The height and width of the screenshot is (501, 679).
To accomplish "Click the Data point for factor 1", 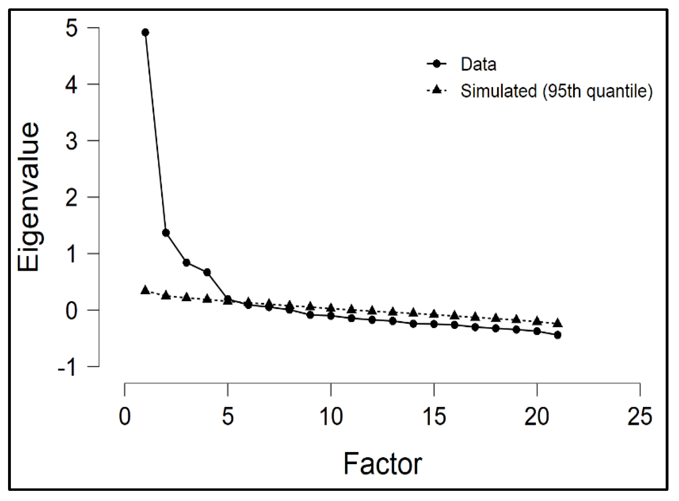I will (x=145, y=33).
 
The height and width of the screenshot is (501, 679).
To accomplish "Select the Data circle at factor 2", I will (x=166, y=233).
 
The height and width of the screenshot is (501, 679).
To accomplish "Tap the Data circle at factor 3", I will (x=186, y=263).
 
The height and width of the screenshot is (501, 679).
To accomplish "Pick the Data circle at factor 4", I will (x=207, y=272).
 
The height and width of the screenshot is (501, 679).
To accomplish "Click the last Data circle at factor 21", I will (x=558, y=335).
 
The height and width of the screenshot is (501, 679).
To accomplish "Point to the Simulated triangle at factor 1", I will (x=145, y=290).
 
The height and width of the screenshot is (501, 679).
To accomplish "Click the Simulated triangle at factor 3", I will (x=186, y=297).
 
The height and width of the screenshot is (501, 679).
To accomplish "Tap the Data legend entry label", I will (x=478, y=64).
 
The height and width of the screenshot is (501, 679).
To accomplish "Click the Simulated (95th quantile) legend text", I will (x=556, y=91).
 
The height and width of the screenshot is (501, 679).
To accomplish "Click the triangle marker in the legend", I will (x=436, y=90).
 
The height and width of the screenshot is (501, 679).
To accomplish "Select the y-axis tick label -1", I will (x=68, y=368).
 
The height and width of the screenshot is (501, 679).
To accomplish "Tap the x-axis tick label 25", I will (x=640, y=417).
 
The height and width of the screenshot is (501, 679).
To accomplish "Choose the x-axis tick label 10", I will (x=331, y=417).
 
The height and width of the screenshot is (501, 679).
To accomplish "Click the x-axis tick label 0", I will (x=125, y=417).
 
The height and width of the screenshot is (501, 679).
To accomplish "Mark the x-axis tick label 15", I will (x=434, y=417).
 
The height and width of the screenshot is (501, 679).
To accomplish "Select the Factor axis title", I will (x=382, y=464).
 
